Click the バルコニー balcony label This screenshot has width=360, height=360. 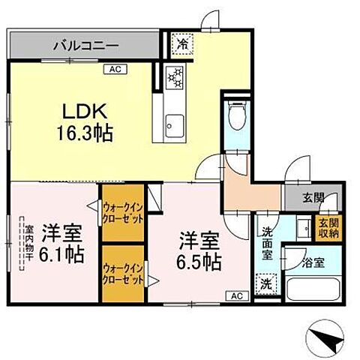pyautogui.click(x=85, y=46)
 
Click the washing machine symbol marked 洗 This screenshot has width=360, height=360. pyautogui.click(x=265, y=284)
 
